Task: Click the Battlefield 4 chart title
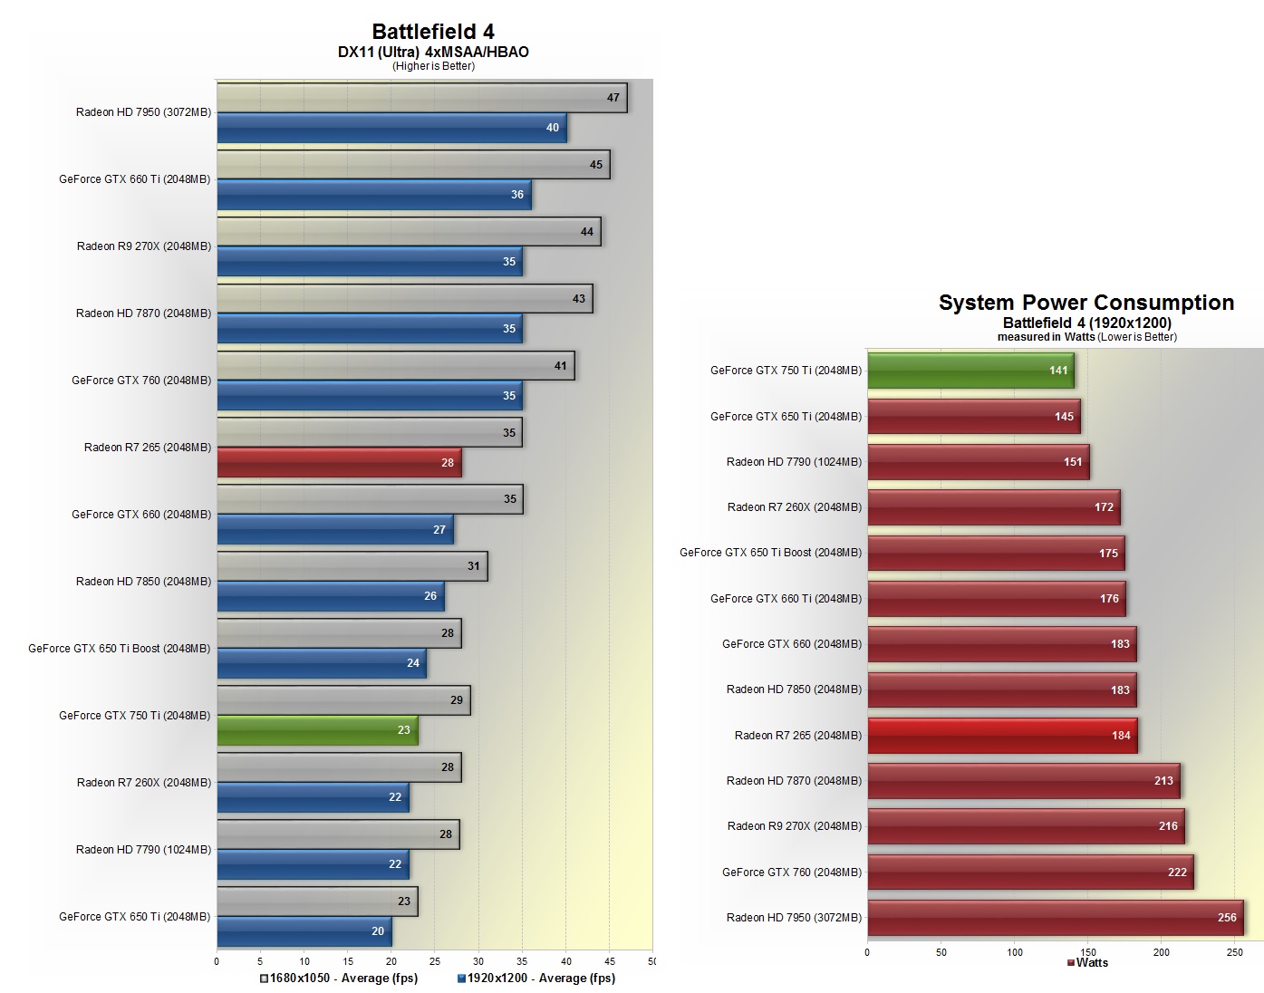coord(433,32)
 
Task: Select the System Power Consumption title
coord(1085,303)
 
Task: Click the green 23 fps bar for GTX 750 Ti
coord(317,730)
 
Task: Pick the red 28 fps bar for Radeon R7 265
coord(339,463)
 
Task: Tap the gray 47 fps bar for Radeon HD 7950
coord(421,98)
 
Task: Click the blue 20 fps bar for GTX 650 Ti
coord(304,931)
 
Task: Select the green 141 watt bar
coord(970,371)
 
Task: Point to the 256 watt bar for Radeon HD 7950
coord(1055,918)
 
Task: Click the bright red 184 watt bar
coord(1001,736)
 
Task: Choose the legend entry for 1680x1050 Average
coord(339,979)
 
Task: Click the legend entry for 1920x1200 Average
coord(536,979)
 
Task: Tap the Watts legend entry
coord(1087,963)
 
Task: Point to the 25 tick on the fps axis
coord(435,961)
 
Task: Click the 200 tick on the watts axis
coord(1162,952)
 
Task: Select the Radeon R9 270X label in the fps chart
coord(143,246)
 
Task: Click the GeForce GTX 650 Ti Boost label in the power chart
coord(770,553)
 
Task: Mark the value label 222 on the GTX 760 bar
coord(1177,872)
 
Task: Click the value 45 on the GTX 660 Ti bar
coord(595,165)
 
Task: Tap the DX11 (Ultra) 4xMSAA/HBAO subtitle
coord(433,52)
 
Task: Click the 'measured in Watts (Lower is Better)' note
coord(1086,337)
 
